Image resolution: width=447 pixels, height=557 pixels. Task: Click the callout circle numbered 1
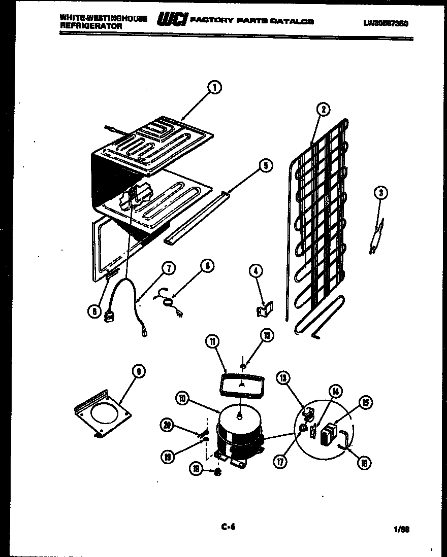(x=215, y=88)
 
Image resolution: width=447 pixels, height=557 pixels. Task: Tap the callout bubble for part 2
(x=322, y=109)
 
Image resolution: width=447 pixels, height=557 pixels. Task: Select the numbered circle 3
(x=381, y=192)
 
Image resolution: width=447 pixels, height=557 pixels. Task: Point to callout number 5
(x=265, y=165)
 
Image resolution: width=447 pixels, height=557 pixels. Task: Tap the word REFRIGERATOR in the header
(x=90, y=25)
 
